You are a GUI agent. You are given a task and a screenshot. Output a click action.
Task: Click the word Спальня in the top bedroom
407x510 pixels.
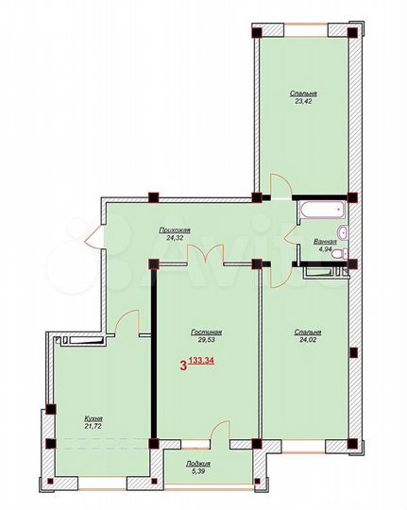[x=302, y=94]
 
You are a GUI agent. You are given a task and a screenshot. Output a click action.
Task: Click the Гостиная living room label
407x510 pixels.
[x=206, y=332]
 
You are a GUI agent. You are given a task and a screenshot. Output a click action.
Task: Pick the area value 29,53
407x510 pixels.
[x=206, y=343]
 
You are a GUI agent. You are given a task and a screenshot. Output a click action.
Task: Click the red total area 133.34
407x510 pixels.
[x=201, y=361]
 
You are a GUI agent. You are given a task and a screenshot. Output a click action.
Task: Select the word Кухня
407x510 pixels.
[x=92, y=418]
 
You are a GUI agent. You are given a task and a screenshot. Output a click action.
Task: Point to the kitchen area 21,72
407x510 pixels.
[x=92, y=429]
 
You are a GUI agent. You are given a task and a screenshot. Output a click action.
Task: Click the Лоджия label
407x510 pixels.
[x=198, y=465]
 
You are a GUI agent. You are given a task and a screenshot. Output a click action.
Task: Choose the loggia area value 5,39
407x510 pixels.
[x=198, y=475]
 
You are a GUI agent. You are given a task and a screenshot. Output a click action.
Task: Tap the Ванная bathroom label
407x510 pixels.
[x=324, y=242]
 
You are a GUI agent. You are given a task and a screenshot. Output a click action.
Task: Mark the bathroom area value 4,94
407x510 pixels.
[x=324, y=252]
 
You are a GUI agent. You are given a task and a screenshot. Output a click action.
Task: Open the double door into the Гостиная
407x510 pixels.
[x=206, y=253]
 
